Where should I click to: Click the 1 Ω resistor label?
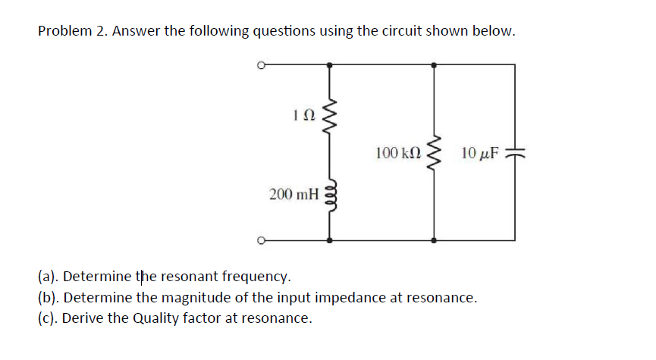pos(301,115)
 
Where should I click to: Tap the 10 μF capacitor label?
pos(479,154)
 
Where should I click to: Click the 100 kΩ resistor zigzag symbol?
pos(434,154)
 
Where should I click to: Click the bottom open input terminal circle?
pos(260,241)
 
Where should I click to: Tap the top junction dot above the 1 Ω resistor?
pos(328,66)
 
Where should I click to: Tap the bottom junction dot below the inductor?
pos(328,241)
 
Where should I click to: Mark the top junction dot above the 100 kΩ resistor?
pos(434,66)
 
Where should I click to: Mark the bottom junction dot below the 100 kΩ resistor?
pos(434,241)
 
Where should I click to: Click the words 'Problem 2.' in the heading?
pos(71,31)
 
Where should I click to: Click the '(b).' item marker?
pos(49,296)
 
